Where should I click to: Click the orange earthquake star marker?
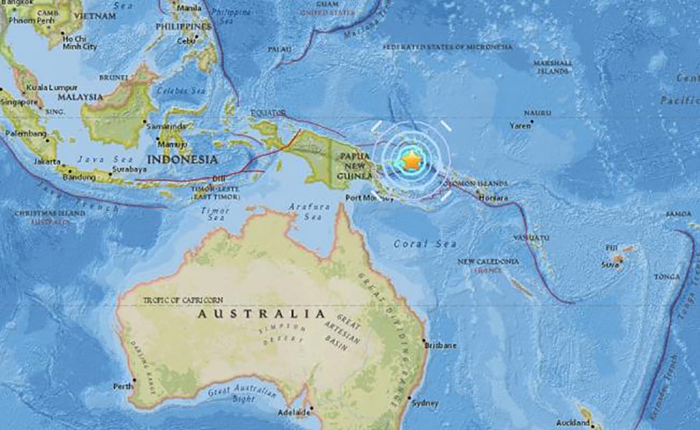click(x=411, y=160)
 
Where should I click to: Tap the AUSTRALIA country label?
click(x=261, y=314)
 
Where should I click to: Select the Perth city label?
click(x=123, y=386)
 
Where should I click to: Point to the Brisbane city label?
click(x=441, y=346)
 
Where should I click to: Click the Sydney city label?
click(x=424, y=403)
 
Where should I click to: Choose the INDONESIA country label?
click(x=182, y=159)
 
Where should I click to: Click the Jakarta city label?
click(x=47, y=162)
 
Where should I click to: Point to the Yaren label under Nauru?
click(x=519, y=126)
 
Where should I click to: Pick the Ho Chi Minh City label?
click(x=79, y=43)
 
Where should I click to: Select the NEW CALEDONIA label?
click(x=488, y=261)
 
